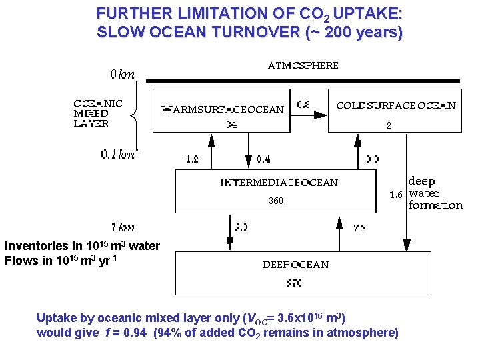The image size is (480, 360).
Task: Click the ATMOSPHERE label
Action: coord(303,66)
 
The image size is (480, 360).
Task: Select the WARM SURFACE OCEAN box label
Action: coord(223,109)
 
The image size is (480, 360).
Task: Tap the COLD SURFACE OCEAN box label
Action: coord(396,105)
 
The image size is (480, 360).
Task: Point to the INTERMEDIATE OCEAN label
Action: coord(279,182)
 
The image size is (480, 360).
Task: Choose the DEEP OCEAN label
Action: coord(295,265)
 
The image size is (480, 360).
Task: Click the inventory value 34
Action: coord(231,125)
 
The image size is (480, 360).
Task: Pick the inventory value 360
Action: coord(276,201)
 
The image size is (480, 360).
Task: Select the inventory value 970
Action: coord(294,283)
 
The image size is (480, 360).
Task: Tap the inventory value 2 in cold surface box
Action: coord(389,125)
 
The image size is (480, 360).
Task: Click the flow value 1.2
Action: coord(192,159)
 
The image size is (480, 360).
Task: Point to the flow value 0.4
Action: coord(263,159)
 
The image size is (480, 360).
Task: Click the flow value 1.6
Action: coord(395,195)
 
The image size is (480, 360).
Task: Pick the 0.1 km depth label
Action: coord(117,155)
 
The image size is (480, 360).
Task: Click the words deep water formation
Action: coord(435,193)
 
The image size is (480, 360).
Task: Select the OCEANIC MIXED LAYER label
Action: coord(98,113)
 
